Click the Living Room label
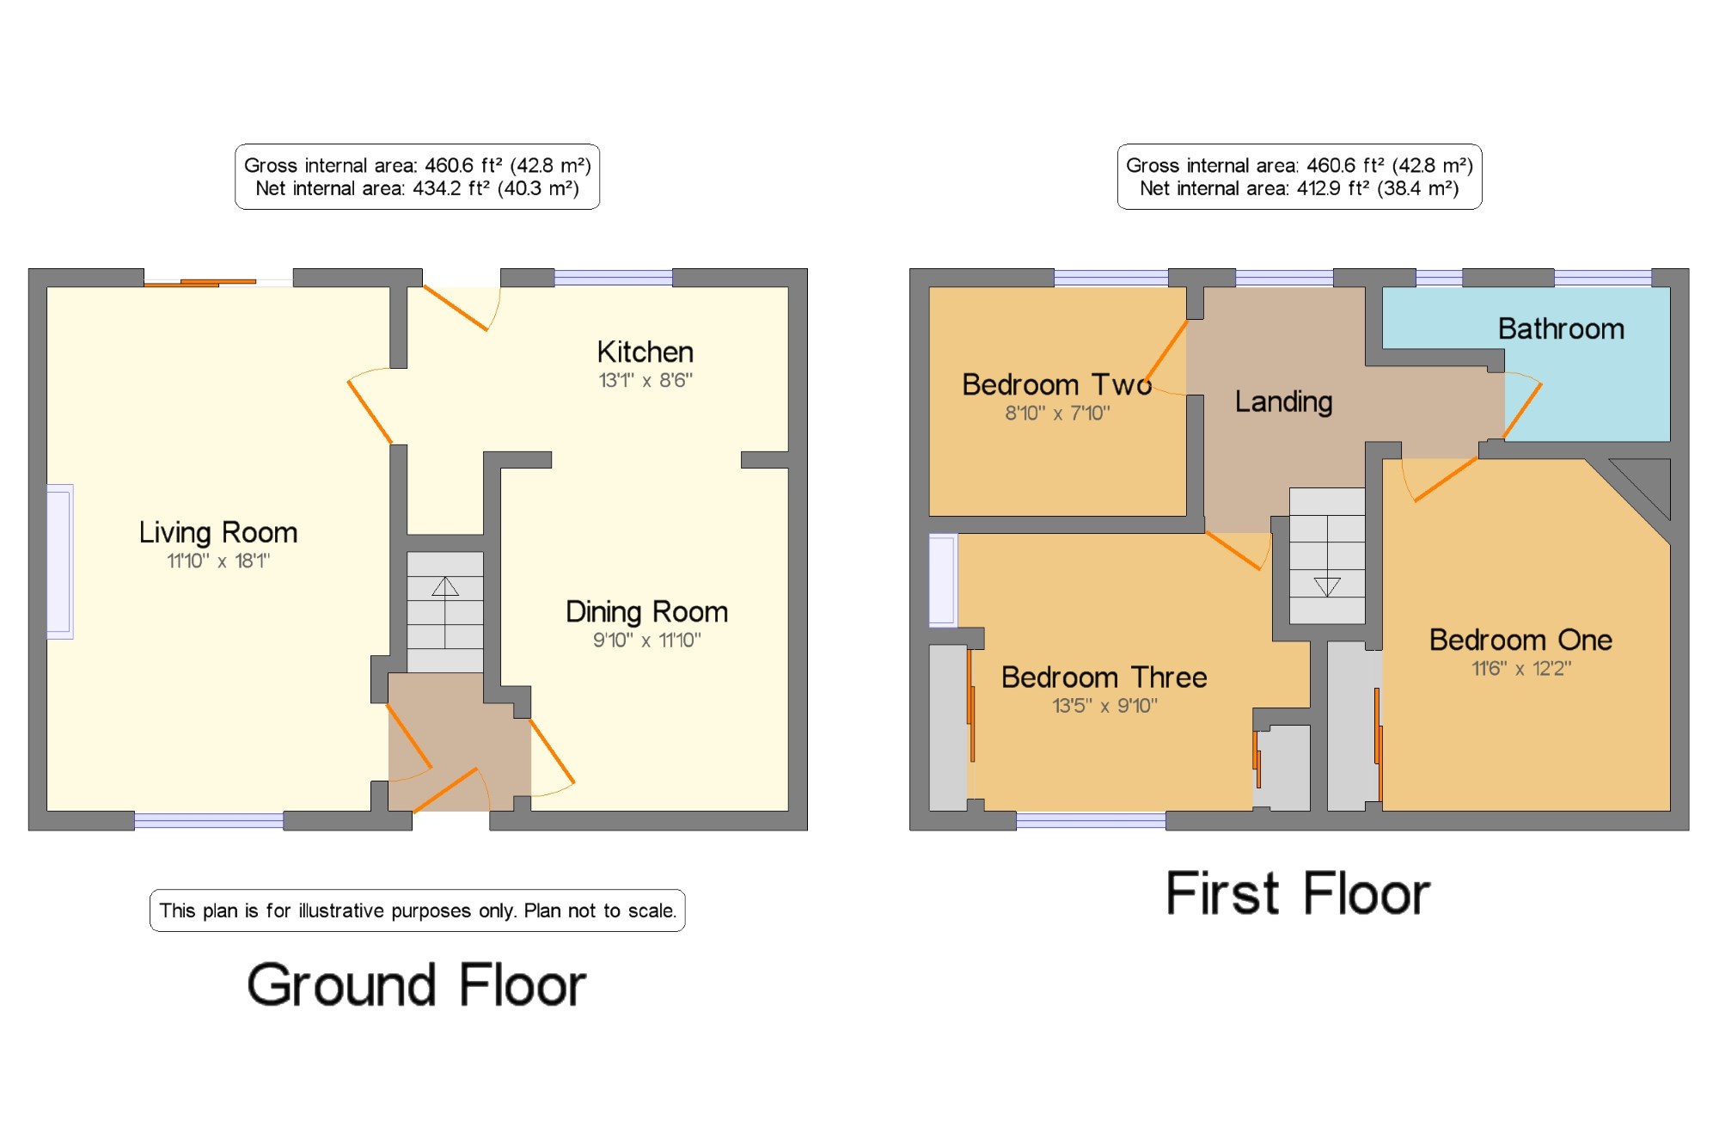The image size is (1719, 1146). point(218,533)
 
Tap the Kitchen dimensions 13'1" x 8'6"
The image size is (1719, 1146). point(645,380)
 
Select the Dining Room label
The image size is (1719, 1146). point(646,612)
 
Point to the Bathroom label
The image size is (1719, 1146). point(1561,328)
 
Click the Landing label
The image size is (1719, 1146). point(1284,402)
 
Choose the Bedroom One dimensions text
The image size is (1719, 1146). point(1521,668)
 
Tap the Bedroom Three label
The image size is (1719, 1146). point(1104,677)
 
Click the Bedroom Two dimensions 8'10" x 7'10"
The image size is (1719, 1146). point(1057,413)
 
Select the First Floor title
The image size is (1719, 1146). point(1298,893)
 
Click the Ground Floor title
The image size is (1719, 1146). point(417,985)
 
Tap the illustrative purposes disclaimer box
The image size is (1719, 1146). point(418,910)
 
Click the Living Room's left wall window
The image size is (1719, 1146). point(59,561)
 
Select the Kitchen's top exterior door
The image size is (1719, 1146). point(461,308)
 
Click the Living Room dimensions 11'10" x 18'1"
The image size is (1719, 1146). point(218,561)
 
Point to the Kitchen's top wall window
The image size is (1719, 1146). point(614,278)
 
